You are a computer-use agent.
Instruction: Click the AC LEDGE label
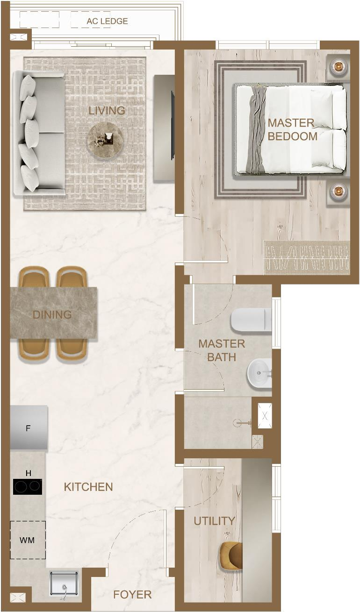(x=107, y=21)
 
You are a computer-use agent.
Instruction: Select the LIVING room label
(x=107, y=111)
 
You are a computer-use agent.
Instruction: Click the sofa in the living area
(x=40, y=133)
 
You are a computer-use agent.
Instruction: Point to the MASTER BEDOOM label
(x=293, y=129)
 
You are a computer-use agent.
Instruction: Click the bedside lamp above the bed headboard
(x=338, y=66)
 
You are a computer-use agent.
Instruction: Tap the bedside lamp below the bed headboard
(x=338, y=191)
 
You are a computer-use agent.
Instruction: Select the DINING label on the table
(x=52, y=314)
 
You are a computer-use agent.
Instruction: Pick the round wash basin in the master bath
(x=259, y=373)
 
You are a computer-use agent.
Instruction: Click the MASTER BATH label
(x=222, y=350)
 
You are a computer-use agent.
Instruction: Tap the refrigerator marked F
(x=29, y=427)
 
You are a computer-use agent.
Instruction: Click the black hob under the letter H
(x=28, y=487)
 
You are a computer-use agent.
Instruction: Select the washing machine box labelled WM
(x=28, y=540)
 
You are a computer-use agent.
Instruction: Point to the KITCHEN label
(x=88, y=487)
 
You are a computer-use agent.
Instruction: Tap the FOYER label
(x=133, y=595)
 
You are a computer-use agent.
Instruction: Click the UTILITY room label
(x=214, y=521)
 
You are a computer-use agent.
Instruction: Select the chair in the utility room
(x=231, y=556)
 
